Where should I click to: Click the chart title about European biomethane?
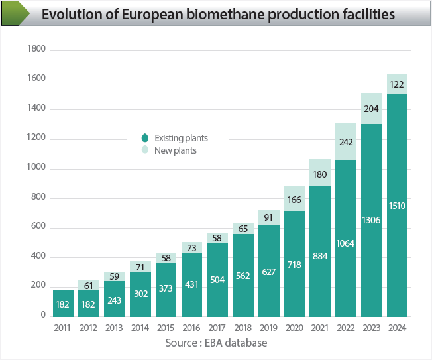pyautogui.click(x=218, y=14)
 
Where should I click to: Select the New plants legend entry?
pyautogui.click(x=175, y=150)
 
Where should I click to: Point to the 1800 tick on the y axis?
pyautogui.click(x=36, y=50)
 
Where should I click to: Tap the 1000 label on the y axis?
pyautogui.click(x=36, y=168)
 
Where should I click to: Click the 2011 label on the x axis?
pyautogui.click(x=63, y=328)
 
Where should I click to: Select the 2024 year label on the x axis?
pyautogui.click(x=397, y=328)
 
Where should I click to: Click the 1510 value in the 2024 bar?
pyautogui.click(x=397, y=206)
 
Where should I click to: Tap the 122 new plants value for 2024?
pyautogui.click(x=397, y=84)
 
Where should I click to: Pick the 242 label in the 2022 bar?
pyautogui.click(x=346, y=141)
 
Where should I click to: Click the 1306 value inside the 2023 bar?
pyautogui.click(x=372, y=220)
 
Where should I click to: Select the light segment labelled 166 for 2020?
pyautogui.click(x=294, y=198)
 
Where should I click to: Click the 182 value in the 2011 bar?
pyautogui.click(x=63, y=304)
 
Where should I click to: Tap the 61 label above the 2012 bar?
pyautogui.click(x=89, y=285)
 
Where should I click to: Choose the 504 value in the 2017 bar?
pyautogui.click(x=217, y=280)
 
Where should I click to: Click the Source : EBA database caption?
pyautogui.click(x=216, y=343)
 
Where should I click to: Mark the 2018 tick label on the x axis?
pyautogui.click(x=243, y=328)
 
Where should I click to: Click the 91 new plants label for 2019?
pyautogui.click(x=268, y=217)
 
